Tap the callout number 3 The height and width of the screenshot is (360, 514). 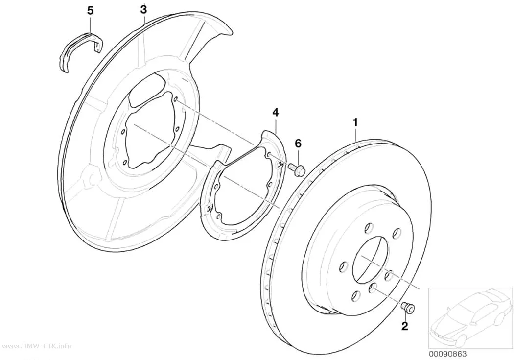pos(143,9)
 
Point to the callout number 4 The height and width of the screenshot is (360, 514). pos(275,113)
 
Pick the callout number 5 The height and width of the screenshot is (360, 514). pos(90,10)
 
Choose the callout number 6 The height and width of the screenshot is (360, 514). pos(298,144)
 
